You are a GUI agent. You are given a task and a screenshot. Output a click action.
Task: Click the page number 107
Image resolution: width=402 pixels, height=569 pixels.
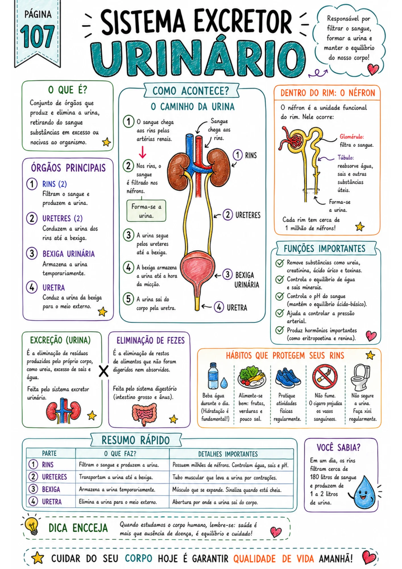click(37, 36)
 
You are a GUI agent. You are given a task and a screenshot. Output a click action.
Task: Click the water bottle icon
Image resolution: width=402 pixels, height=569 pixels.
click(213, 376)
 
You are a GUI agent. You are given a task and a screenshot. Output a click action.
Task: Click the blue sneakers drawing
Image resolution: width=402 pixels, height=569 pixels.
click(288, 377)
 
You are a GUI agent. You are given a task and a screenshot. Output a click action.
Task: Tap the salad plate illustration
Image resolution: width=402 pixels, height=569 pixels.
click(252, 377)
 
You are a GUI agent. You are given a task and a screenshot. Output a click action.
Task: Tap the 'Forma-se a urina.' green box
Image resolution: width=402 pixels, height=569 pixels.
click(146, 211)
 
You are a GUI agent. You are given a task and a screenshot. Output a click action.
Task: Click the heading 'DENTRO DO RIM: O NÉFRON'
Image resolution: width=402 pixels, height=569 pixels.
click(328, 93)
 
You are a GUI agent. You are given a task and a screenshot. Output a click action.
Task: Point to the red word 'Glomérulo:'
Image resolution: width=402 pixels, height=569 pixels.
click(352, 137)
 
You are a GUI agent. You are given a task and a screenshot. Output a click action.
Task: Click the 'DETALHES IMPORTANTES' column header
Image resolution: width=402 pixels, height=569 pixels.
click(228, 454)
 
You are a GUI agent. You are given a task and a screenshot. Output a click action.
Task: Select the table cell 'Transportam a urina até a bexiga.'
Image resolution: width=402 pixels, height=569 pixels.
click(116, 477)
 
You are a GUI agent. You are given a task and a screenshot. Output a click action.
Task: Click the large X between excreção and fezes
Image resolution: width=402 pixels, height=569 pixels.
click(104, 371)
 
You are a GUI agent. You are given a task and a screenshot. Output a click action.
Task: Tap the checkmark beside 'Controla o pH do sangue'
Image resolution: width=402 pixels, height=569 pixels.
click(279, 296)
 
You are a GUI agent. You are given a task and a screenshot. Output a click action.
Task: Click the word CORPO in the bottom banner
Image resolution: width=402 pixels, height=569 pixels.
click(138, 558)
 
